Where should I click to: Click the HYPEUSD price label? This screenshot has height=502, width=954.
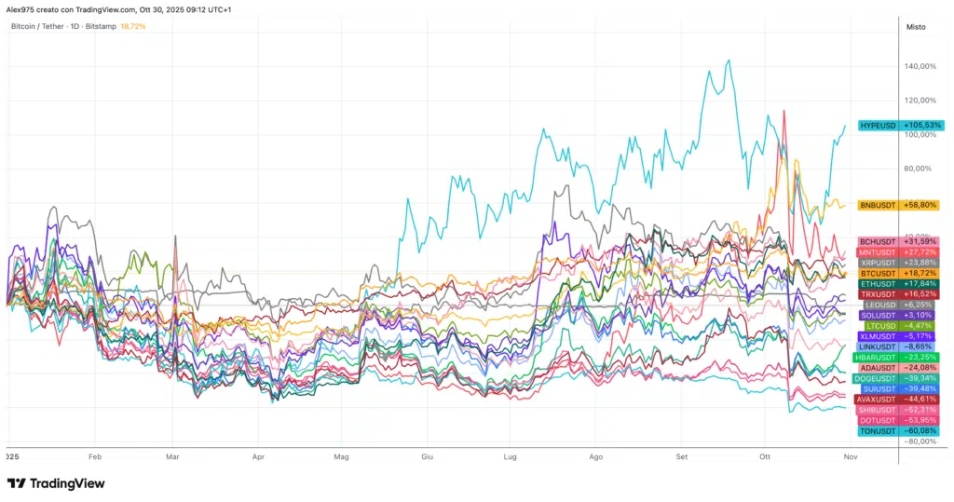(x=879, y=125)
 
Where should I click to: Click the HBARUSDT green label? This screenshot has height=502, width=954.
(x=876, y=357)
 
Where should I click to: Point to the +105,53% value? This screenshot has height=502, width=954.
(x=922, y=125)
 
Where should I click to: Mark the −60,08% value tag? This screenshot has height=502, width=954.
(x=920, y=430)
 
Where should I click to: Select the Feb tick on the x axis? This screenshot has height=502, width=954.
(x=94, y=457)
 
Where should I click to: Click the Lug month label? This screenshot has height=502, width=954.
(x=510, y=457)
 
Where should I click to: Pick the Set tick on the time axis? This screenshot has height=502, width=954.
(x=682, y=457)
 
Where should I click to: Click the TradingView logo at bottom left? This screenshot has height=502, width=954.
(x=56, y=483)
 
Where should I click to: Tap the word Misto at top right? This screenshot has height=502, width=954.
(x=915, y=27)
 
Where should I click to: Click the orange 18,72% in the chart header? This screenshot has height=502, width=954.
(x=133, y=26)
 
